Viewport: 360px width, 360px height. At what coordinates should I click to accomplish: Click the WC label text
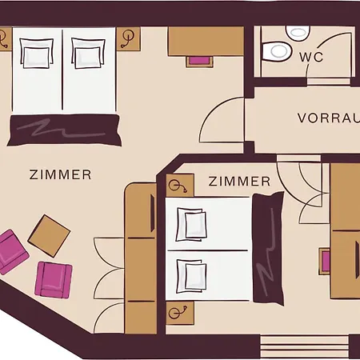coord(311,57)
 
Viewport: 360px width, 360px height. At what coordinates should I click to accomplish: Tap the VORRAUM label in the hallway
coord(329,118)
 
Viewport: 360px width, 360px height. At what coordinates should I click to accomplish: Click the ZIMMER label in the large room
coord(60,174)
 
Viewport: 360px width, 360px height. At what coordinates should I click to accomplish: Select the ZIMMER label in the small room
coord(239,182)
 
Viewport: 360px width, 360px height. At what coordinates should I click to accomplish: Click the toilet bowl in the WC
coord(276,51)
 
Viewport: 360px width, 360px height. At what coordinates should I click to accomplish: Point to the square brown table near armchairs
coord(49,236)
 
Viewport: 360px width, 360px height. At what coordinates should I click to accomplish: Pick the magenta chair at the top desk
coord(199,61)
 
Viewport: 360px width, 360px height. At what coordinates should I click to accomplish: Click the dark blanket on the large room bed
coord(64,130)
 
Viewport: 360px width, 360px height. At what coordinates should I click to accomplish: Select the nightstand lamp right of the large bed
coord(127,38)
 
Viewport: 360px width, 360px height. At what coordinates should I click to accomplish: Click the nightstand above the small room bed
coord(180,186)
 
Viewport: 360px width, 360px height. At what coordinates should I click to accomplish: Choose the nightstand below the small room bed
coord(180,313)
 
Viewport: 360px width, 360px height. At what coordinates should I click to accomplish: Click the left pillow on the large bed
coord(36,54)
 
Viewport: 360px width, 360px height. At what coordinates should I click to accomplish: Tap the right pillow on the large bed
coord(88,54)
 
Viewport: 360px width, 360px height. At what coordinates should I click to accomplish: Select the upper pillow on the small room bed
coord(191,225)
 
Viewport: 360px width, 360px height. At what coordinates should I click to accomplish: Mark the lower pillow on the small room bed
coord(191,276)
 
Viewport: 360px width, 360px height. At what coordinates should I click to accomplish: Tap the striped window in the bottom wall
coord(305,346)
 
